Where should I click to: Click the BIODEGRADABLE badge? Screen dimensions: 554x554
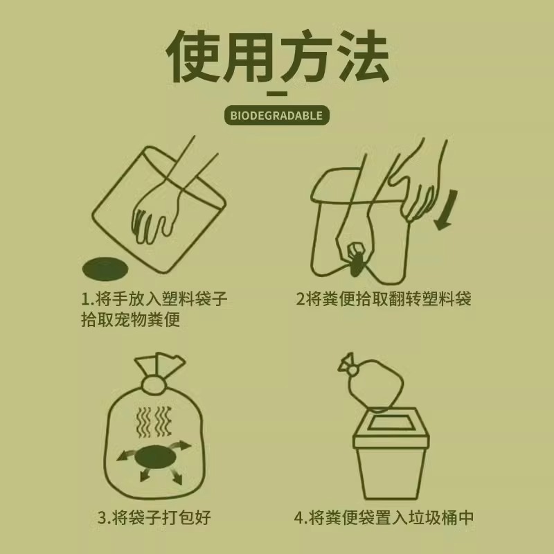(x=277, y=115)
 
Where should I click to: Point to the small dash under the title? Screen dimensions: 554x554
(x=277, y=93)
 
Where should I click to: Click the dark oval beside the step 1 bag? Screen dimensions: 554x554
(x=105, y=267)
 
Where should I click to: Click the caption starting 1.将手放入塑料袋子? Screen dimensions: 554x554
(x=154, y=300)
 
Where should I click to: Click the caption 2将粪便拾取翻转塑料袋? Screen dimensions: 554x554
(x=384, y=299)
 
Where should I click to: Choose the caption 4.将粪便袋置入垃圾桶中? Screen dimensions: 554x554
(x=384, y=517)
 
